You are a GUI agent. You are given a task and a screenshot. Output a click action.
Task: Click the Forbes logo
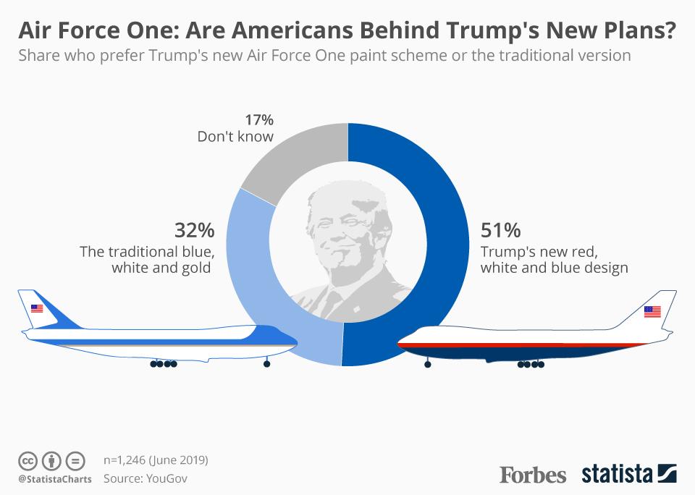[532, 475]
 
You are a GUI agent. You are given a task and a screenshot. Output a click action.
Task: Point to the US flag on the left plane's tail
[37, 309]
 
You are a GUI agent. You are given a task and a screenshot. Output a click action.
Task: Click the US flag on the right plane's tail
[652, 312]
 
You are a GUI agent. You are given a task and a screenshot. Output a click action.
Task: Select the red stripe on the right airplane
[507, 345]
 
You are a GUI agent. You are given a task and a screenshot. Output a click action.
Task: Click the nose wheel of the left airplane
[266, 364]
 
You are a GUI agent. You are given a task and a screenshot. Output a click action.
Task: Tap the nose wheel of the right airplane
[427, 364]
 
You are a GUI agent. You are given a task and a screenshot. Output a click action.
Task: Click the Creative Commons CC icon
[28, 460]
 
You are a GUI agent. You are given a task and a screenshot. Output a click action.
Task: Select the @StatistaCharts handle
[55, 478]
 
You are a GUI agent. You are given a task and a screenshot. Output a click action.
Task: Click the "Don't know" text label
[235, 137]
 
